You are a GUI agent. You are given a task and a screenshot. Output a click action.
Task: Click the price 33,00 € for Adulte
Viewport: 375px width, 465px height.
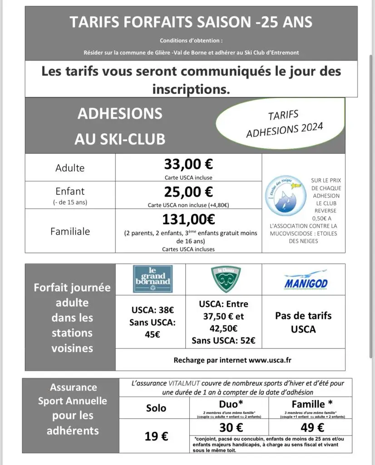coord(188,163)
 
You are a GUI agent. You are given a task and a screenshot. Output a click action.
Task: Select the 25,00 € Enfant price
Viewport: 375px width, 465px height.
coord(188,191)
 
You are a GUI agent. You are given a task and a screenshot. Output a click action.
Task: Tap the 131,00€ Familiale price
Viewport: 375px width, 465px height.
coord(188,219)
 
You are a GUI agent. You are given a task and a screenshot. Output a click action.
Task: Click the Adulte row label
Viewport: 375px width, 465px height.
coord(70,168)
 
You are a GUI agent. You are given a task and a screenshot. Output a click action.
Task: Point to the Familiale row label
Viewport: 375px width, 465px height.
coord(70,231)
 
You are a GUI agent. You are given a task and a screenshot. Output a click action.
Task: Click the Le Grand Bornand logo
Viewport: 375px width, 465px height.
coord(153,279)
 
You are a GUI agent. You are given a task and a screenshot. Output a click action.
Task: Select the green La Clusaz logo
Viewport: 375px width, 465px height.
coord(226,279)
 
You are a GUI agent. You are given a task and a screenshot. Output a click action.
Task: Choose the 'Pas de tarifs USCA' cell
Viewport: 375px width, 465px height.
coord(303,322)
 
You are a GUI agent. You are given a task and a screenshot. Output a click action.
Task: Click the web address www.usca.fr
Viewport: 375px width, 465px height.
coord(270,360)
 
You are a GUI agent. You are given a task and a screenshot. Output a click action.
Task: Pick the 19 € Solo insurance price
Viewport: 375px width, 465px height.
coord(157,436)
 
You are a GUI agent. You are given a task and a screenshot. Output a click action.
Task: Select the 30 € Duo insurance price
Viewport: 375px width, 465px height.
coord(231,427)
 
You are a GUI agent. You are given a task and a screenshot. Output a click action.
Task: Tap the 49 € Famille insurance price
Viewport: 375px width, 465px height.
coord(312,427)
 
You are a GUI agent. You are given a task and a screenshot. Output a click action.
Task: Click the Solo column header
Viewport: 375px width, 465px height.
coord(156,408)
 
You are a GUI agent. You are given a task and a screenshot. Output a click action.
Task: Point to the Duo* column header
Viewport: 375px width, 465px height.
coord(231,403)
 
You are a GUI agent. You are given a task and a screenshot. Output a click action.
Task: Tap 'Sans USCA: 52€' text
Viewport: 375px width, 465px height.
coord(223,341)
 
